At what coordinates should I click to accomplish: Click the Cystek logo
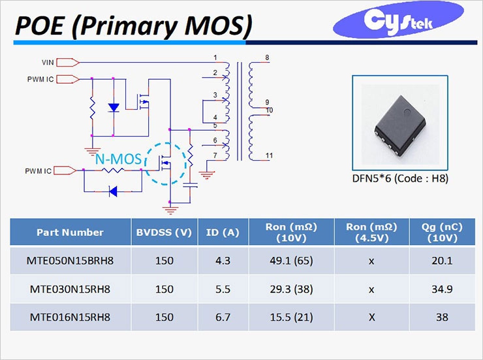398,20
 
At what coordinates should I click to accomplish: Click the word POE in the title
39,25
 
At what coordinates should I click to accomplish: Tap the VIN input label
48,63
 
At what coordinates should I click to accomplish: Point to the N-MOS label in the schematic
118,159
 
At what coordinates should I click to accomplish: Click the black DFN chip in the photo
401,125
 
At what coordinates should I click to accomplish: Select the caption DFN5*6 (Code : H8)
400,178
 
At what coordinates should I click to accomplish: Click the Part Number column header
70,232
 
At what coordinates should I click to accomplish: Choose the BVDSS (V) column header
164,232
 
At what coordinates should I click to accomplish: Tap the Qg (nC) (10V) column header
442,232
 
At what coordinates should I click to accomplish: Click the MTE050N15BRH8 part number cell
70,261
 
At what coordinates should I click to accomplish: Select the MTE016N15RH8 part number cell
70,317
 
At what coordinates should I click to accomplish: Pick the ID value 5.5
223,289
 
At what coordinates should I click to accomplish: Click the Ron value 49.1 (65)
291,261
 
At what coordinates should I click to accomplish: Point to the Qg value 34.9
442,289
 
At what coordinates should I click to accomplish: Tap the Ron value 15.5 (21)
291,317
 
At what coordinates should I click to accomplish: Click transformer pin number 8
267,57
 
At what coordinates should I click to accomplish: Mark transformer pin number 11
269,155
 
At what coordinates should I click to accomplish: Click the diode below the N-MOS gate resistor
114,191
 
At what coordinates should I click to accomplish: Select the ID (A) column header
223,232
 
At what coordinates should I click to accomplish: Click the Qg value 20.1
442,261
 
